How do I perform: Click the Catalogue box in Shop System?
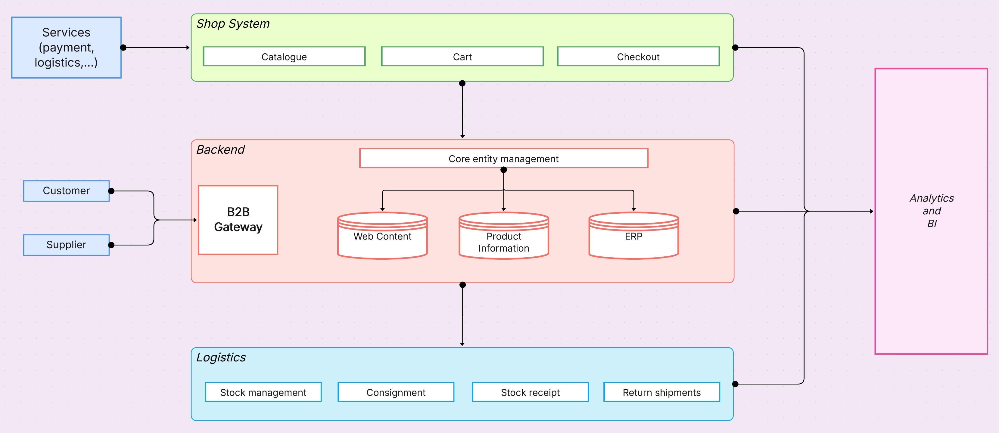[x=284, y=57]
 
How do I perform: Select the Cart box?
[x=462, y=57]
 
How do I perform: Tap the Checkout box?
[x=638, y=57]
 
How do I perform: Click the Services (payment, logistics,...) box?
[x=66, y=47]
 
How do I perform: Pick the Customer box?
[x=66, y=191]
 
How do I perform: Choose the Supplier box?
[x=66, y=245]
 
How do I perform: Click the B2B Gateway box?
[x=238, y=220]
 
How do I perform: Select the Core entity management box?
[x=503, y=159]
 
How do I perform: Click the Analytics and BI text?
[x=932, y=211]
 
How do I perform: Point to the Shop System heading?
[x=233, y=24]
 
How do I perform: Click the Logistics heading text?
[x=221, y=357]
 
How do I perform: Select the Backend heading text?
[x=220, y=149]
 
